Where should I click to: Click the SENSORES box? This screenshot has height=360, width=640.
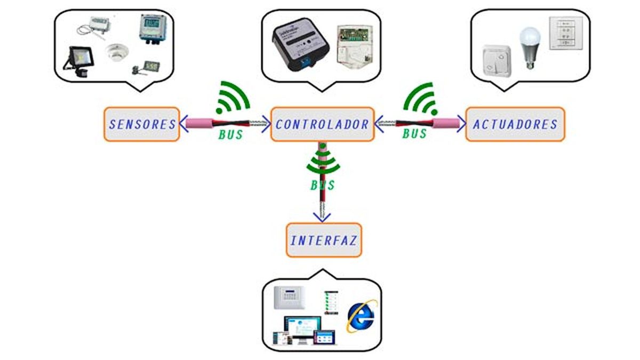(142, 125)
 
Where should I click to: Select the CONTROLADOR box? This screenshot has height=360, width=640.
(322, 125)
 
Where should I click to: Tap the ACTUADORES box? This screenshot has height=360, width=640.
(515, 125)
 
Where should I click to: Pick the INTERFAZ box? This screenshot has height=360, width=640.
(323, 240)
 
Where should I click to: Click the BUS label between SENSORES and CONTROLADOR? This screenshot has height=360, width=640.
(230, 134)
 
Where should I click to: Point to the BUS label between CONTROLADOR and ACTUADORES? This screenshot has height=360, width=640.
(414, 133)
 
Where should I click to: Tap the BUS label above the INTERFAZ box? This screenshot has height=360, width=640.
(323, 185)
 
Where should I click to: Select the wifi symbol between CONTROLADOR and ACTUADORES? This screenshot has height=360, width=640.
(421, 99)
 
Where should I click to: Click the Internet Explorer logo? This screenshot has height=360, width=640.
(362, 316)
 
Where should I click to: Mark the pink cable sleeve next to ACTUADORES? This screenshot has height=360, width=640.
(446, 124)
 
